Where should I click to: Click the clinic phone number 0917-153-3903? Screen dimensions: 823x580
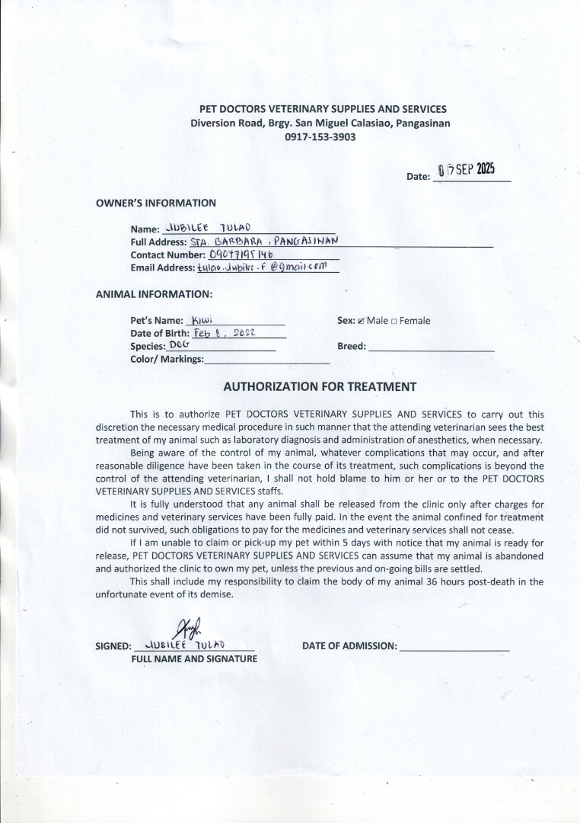[320, 137]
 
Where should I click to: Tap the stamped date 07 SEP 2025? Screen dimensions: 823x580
[467, 170]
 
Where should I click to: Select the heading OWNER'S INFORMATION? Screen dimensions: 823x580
[155, 203]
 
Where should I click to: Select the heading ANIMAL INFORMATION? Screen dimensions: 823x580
[154, 293]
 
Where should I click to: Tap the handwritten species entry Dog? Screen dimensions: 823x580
[180, 345]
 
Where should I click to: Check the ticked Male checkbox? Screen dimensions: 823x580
[362, 321]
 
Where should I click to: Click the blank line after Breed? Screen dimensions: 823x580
[431, 347]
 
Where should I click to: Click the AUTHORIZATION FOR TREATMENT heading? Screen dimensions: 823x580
[320, 386]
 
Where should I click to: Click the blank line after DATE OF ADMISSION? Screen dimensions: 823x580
[454, 648]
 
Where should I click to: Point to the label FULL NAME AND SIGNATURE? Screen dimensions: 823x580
[194, 658]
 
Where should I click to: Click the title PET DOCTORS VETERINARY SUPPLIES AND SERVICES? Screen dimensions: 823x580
[323, 110]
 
